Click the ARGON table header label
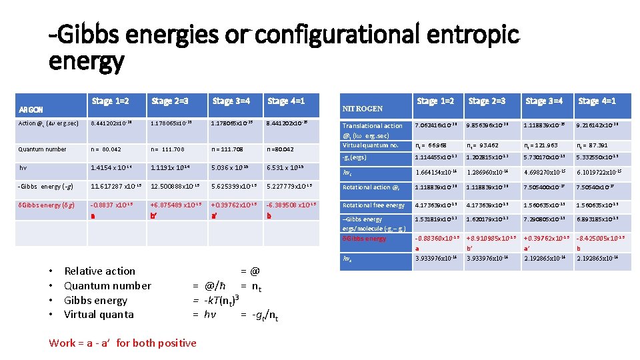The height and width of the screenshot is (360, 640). click(31, 110)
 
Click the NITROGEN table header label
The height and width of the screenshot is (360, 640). click(362, 109)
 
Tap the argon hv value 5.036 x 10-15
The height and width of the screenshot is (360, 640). click(230, 168)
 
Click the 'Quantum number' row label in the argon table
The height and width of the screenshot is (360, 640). click(42, 149)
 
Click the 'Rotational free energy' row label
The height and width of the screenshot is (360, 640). click(373, 205)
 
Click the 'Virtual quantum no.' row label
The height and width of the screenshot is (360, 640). click(371, 145)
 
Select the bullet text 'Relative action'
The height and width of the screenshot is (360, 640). click(99, 271)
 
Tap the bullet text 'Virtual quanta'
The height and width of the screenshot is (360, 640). click(99, 314)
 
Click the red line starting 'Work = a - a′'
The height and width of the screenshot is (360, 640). click(123, 343)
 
